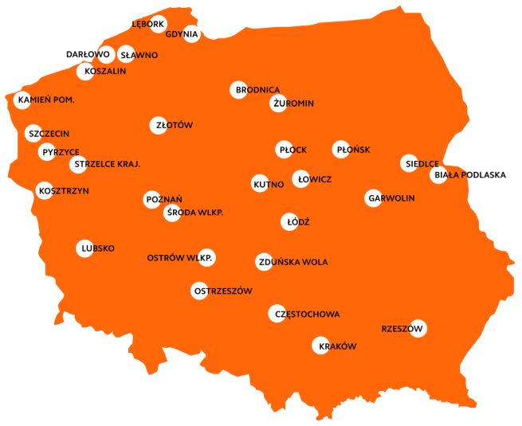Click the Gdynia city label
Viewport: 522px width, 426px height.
pyautogui.click(x=182, y=34)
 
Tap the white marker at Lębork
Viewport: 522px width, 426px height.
pyautogui.click(x=159, y=24)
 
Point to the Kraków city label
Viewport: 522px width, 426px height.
pyautogui.click(x=337, y=346)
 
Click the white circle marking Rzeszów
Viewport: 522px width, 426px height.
pyautogui.click(x=418, y=328)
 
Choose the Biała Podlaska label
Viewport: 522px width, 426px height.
pyautogui.click(x=470, y=175)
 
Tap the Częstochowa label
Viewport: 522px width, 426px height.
pyautogui.click(x=307, y=314)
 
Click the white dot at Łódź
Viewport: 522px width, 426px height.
pyautogui.click(x=292, y=222)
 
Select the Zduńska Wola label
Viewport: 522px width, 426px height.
pyautogui.click(x=292, y=261)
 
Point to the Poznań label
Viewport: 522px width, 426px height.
pyautogui.click(x=165, y=198)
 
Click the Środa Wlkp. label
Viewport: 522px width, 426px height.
pyautogui.click(x=194, y=213)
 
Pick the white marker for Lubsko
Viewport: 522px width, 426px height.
pyautogui.click(x=85, y=248)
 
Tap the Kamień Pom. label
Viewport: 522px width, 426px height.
pyautogui.click(x=45, y=100)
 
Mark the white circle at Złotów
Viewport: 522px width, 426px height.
pyautogui.click(x=159, y=125)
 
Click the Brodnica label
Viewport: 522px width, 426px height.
pyautogui.click(x=256, y=90)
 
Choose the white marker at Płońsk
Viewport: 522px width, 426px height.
pyautogui.click(x=341, y=149)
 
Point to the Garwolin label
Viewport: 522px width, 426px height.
pyautogui.click(x=391, y=197)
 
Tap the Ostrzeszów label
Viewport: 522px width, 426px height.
pyautogui.click(x=222, y=291)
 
